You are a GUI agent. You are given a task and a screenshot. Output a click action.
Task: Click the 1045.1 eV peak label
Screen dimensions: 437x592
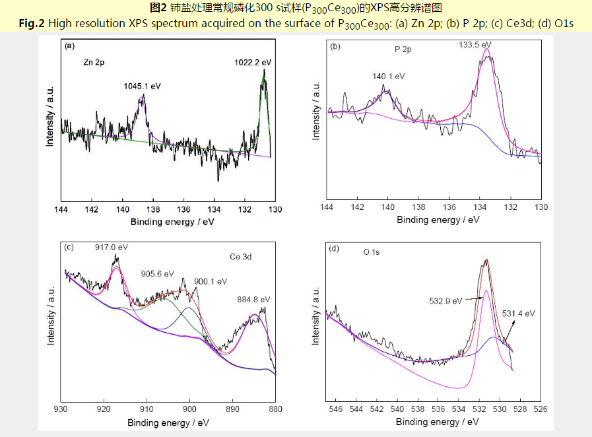[142, 86]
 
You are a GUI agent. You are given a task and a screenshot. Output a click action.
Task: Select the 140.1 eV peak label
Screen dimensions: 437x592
[388, 77]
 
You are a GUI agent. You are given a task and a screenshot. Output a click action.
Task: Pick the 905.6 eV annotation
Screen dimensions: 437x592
[158, 273]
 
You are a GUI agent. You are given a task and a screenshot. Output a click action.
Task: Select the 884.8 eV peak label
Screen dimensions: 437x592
[253, 299]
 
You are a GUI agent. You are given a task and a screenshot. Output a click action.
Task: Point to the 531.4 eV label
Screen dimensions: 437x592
[518, 313]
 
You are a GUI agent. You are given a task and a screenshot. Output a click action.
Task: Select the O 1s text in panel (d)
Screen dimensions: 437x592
[372, 253]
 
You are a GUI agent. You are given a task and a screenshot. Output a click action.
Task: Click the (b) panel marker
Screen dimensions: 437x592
[335, 46]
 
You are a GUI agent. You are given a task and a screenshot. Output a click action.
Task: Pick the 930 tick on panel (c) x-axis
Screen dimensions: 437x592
[61, 408]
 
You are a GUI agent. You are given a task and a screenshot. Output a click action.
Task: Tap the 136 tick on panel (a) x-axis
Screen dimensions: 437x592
[183, 210]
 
